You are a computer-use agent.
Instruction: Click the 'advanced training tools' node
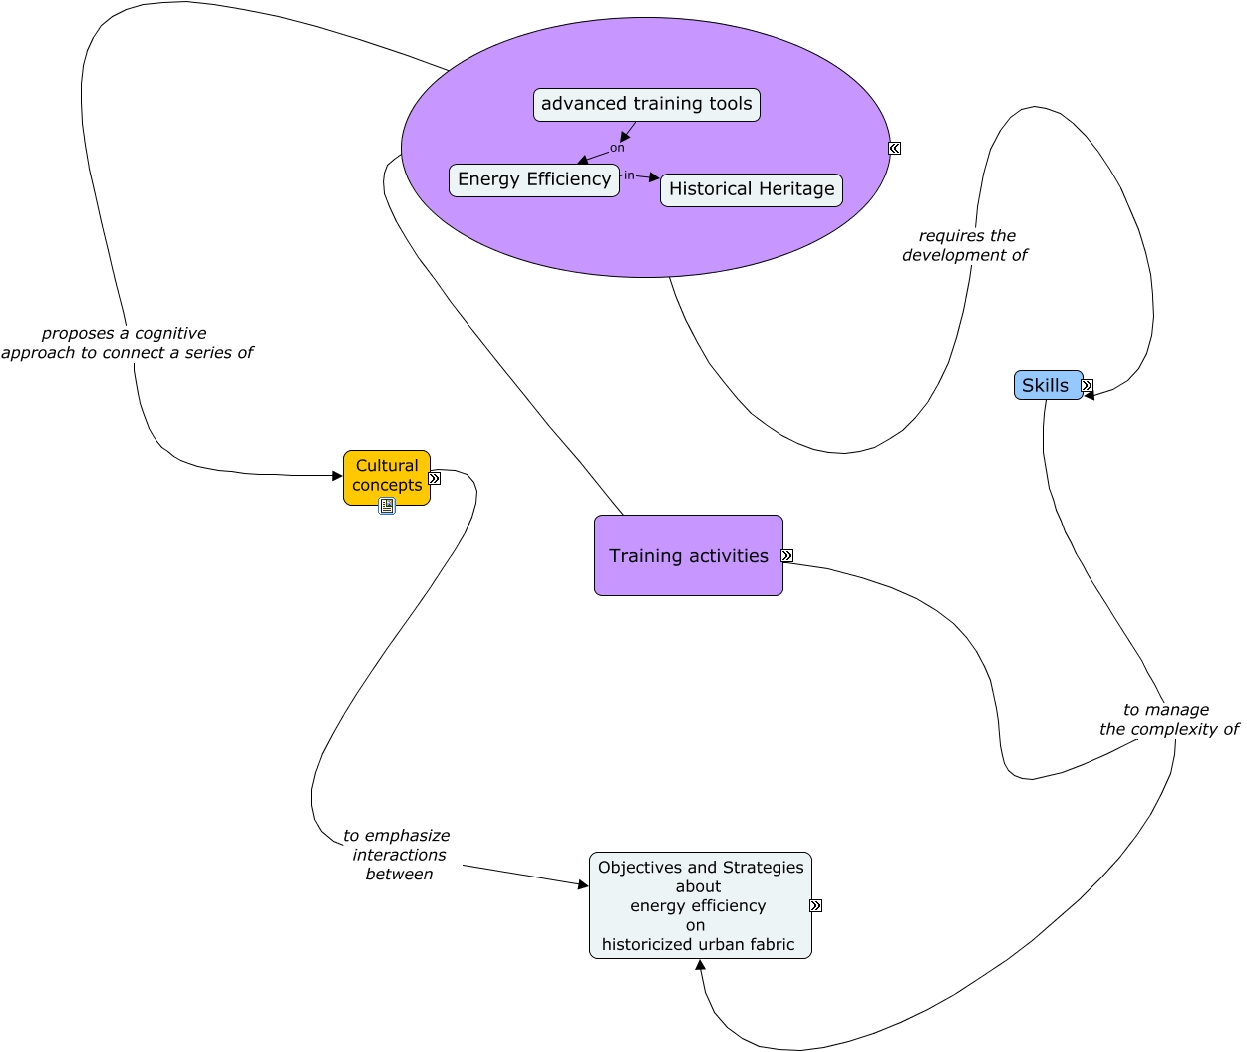click(x=646, y=105)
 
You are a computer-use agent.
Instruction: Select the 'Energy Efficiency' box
click(x=533, y=180)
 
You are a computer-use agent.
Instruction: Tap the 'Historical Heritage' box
click(x=751, y=189)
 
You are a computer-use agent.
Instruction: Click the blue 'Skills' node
click(x=1046, y=385)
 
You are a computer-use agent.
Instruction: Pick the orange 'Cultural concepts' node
click(x=386, y=476)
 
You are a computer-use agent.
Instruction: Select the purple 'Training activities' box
click(x=688, y=555)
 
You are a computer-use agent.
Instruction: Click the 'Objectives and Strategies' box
click(x=700, y=905)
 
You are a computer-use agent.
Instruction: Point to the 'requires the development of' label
click(x=965, y=245)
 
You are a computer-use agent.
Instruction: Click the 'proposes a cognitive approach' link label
click(x=127, y=343)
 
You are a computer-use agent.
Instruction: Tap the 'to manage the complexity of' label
click(x=1167, y=719)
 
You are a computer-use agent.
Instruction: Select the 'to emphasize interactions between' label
click(x=398, y=855)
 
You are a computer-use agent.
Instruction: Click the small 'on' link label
click(x=617, y=148)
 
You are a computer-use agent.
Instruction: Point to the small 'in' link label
click(x=629, y=175)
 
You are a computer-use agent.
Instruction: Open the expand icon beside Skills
click(x=1088, y=386)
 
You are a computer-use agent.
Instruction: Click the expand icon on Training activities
click(x=787, y=556)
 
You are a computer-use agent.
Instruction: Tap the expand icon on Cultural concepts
click(x=435, y=479)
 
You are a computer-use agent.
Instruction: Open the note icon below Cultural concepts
click(x=387, y=506)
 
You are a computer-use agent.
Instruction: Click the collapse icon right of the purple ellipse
click(x=895, y=148)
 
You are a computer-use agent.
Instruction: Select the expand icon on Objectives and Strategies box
click(x=816, y=906)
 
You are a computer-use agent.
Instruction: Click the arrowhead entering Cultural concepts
click(x=337, y=476)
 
